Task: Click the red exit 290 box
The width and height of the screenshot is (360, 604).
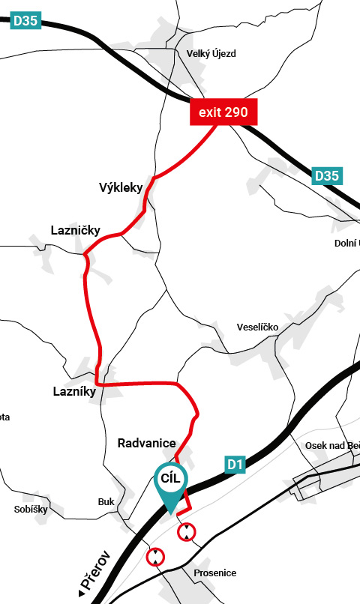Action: [223, 113]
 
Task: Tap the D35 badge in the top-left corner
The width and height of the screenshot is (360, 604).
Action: [25, 20]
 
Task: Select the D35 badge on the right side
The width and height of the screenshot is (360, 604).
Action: [327, 176]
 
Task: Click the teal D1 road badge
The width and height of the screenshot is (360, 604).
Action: [235, 465]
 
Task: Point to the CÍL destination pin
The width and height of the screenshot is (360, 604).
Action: [172, 483]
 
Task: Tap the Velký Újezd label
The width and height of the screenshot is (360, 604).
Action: [211, 53]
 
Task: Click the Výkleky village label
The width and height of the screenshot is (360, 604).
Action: [121, 187]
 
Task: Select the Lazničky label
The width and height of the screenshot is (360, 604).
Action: [75, 230]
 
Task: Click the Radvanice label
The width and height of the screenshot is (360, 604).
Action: [146, 443]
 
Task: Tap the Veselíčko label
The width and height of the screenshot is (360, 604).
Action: [257, 327]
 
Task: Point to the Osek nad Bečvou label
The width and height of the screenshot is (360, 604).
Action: [332, 445]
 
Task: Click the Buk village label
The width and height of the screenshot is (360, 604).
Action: [105, 502]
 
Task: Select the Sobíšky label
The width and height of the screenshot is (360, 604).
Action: [31, 509]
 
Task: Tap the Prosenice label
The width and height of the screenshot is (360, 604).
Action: [214, 573]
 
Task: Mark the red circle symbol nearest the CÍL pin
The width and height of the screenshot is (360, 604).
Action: [186, 533]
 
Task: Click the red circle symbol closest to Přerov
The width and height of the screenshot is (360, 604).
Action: [155, 557]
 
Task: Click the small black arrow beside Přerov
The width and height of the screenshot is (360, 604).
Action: [81, 594]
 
